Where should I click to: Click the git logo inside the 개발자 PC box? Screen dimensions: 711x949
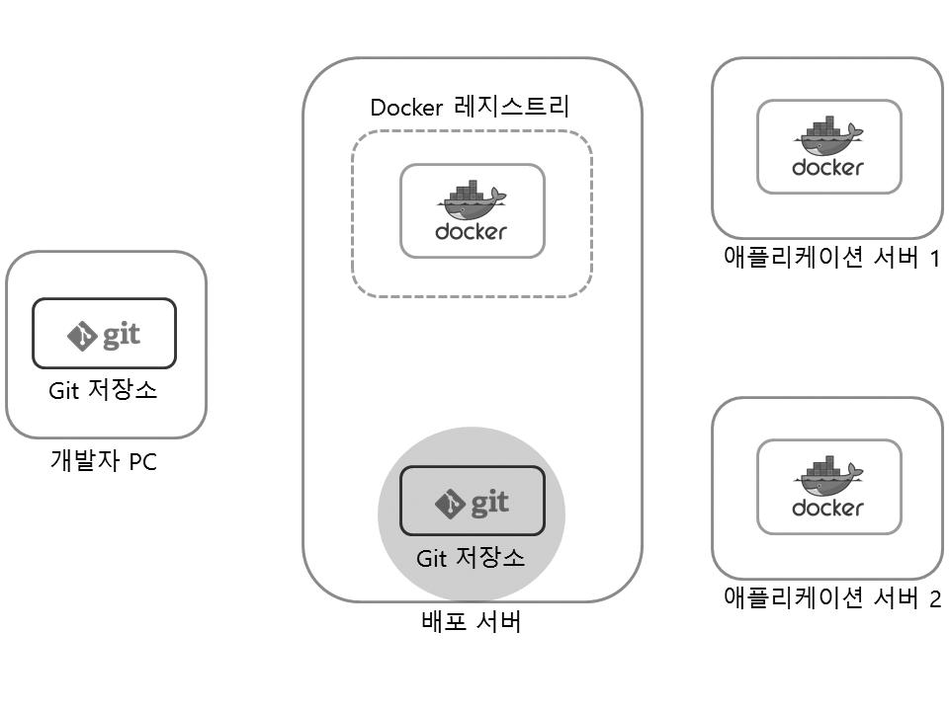pyautogui.click(x=104, y=335)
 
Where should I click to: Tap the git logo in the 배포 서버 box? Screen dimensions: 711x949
pyautogui.click(x=472, y=502)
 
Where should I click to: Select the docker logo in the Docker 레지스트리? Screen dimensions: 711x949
pyautogui.click(x=472, y=210)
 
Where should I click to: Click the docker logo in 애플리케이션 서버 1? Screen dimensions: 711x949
pyautogui.click(x=828, y=147)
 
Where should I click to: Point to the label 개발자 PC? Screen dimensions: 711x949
pyautogui.click(x=103, y=460)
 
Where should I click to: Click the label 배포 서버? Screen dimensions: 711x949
pyautogui.click(x=471, y=623)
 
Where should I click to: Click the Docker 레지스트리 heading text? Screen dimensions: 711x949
pyautogui.click(x=470, y=107)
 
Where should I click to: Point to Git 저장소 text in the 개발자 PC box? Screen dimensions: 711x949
pyautogui.click(x=103, y=390)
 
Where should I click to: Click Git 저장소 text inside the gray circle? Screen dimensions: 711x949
pyautogui.click(x=471, y=558)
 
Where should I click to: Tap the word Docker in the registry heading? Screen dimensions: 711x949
pyautogui.click(x=406, y=107)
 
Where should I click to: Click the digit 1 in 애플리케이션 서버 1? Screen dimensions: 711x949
pyautogui.click(x=934, y=259)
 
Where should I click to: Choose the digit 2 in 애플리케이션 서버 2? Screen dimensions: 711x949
pyautogui.click(x=934, y=598)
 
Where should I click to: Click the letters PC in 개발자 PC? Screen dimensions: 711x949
pyautogui.click(x=142, y=461)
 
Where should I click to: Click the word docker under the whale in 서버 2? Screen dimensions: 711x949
pyautogui.click(x=828, y=509)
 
